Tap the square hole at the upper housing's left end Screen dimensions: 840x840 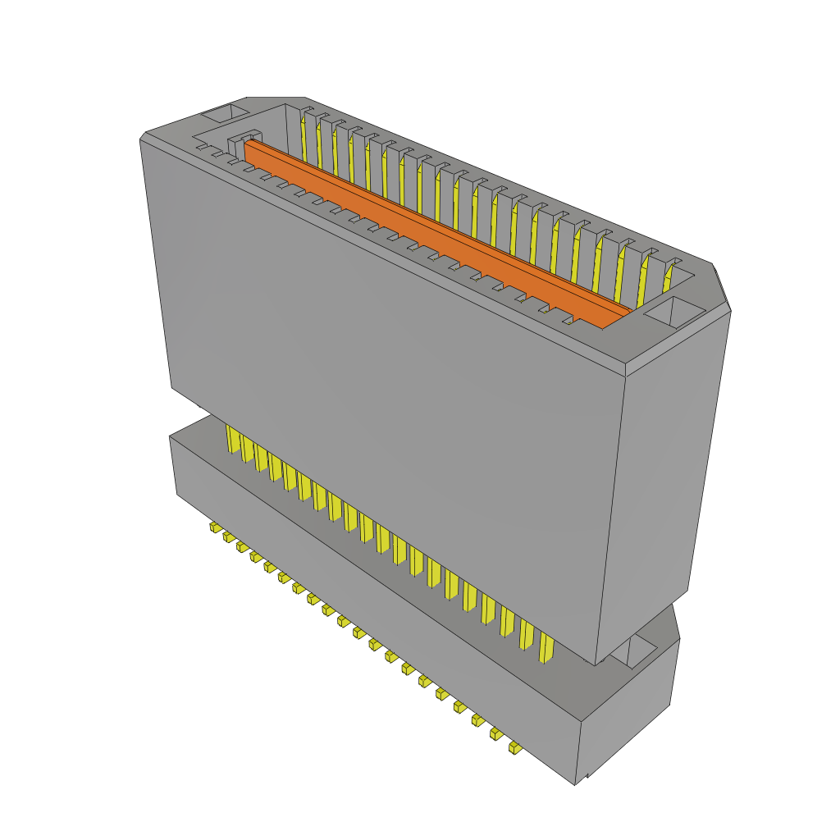(x=224, y=114)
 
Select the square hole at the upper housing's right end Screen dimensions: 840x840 (x=674, y=313)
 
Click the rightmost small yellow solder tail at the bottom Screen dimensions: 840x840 (x=514, y=747)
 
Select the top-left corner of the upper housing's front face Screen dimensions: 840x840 (x=141, y=139)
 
